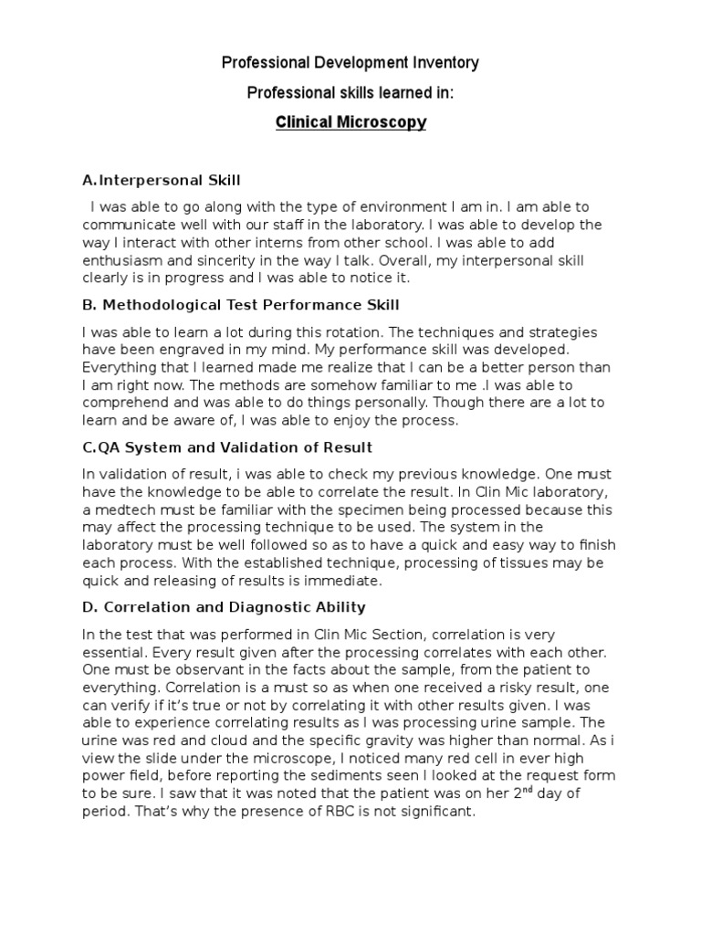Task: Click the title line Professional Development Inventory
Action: (x=350, y=63)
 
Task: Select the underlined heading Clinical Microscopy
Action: (x=350, y=121)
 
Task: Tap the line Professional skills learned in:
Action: (x=350, y=92)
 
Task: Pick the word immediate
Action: (x=344, y=580)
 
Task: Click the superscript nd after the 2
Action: (x=522, y=789)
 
